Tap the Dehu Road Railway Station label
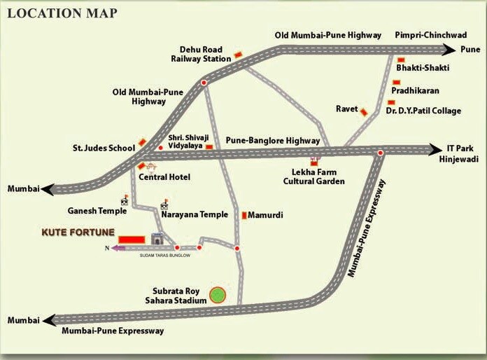pos(201,54)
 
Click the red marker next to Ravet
pos(364,110)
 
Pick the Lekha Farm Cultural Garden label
pos(313,176)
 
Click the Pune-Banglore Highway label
pos(274,141)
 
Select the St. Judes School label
pos(104,148)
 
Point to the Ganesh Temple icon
pos(125,201)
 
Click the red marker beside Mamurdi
pos(244,216)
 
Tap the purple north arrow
pos(118,248)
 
